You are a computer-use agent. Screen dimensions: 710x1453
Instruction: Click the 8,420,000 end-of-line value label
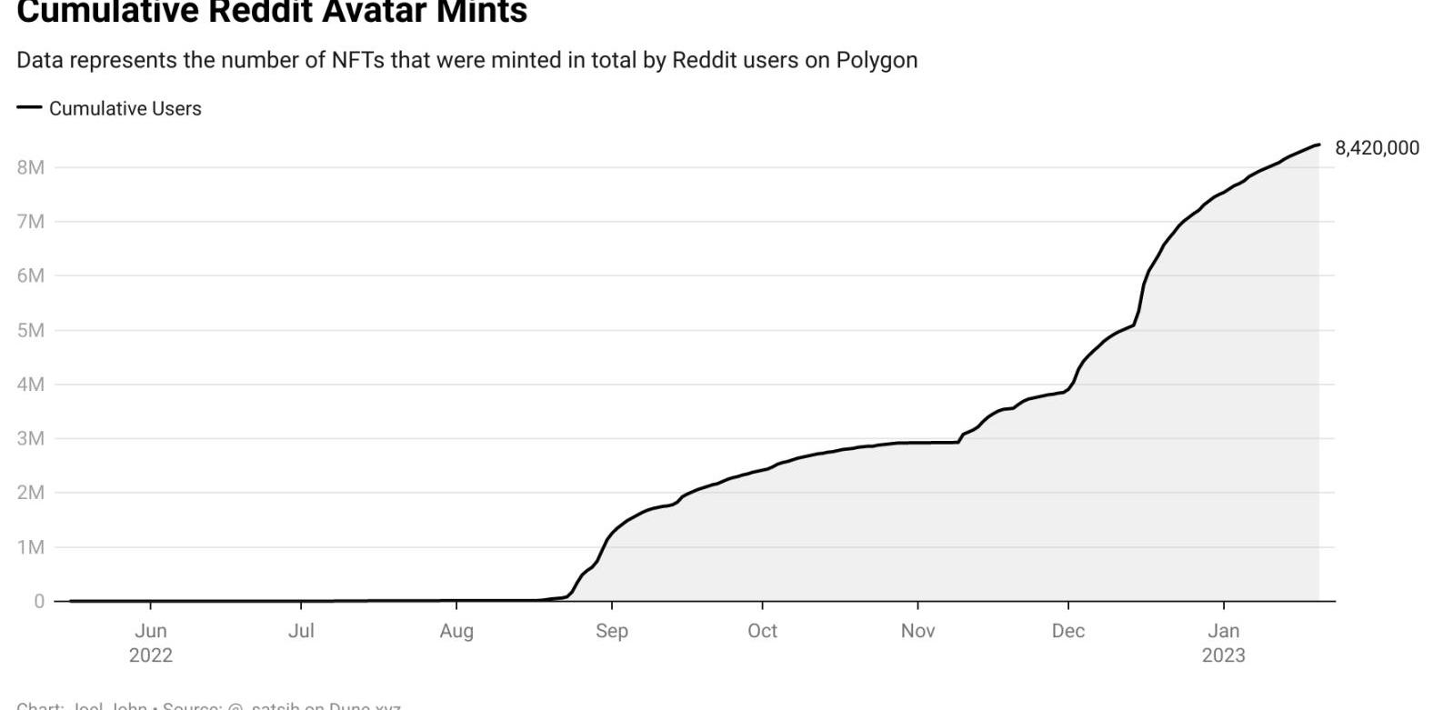(x=1377, y=148)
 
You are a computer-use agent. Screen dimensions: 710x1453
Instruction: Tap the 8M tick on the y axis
(x=30, y=167)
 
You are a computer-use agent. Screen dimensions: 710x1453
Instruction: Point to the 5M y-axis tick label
(x=30, y=330)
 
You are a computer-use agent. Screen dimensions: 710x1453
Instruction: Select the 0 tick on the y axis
(x=39, y=601)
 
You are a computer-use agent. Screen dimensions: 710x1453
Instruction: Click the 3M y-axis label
(x=30, y=438)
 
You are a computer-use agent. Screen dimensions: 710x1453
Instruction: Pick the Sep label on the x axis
(x=612, y=631)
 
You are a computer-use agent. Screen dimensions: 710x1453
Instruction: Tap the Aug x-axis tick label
(x=456, y=631)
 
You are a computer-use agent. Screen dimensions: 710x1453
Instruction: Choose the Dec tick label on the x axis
(x=1068, y=631)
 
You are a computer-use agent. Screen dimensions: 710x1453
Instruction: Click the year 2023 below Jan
(x=1223, y=655)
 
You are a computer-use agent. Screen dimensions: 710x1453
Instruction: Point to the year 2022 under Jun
(x=151, y=655)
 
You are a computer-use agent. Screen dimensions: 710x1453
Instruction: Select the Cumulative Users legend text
(x=125, y=108)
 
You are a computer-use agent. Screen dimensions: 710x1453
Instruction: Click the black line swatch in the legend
(x=29, y=107)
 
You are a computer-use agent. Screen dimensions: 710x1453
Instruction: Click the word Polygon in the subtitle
(x=877, y=60)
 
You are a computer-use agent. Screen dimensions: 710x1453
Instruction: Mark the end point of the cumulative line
(x=1318, y=145)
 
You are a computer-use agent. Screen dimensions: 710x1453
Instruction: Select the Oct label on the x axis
(x=762, y=631)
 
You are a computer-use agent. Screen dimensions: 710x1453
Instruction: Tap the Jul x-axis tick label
(x=301, y=631)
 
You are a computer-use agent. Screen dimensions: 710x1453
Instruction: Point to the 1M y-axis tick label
(x=30, y=547)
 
